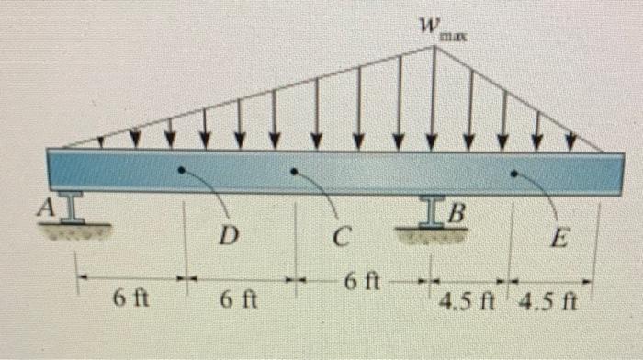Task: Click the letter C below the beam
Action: tap(341, 238)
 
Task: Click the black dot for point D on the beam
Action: tap(181, 170)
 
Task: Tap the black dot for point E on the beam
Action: tap(513, 172)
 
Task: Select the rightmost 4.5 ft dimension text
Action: tap(547, 301)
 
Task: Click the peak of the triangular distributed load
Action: tap(434, 46)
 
